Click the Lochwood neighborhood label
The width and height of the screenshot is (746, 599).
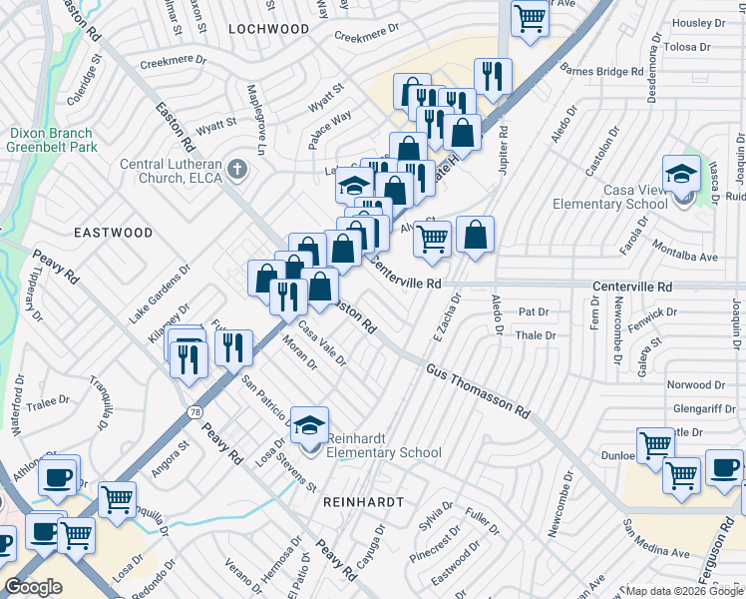269,29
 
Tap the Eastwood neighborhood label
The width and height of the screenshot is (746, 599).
114,233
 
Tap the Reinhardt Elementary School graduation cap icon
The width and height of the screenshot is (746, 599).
310,423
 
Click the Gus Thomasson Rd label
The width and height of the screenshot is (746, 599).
478,390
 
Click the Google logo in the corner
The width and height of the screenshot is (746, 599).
33,587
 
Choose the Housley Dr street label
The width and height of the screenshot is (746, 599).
705,23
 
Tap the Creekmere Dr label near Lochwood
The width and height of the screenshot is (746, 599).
360,37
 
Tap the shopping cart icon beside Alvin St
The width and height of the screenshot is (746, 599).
431,239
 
